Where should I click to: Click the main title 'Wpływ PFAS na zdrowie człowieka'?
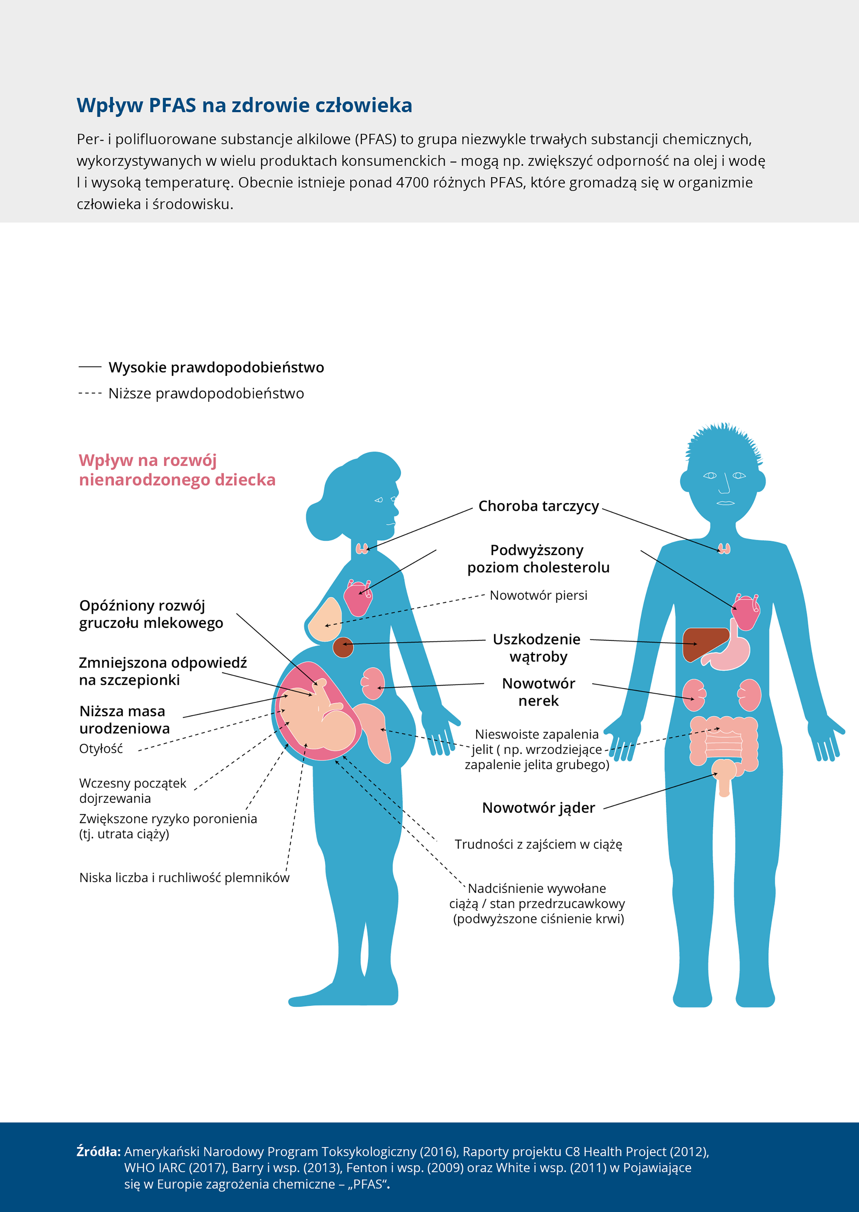coord(244,105)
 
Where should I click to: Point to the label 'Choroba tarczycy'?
coord(538,506)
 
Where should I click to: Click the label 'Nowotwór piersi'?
coord(538,595)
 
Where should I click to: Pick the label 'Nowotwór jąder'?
coord(538,808)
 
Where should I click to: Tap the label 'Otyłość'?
coord(101,748)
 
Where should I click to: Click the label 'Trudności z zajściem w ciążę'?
coord(538,844)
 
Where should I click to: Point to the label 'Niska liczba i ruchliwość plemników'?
coord(184,878)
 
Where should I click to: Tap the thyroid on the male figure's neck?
coord(724,548)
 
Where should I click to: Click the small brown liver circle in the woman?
coord(343,647)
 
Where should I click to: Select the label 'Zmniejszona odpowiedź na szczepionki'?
coord(163,671)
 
